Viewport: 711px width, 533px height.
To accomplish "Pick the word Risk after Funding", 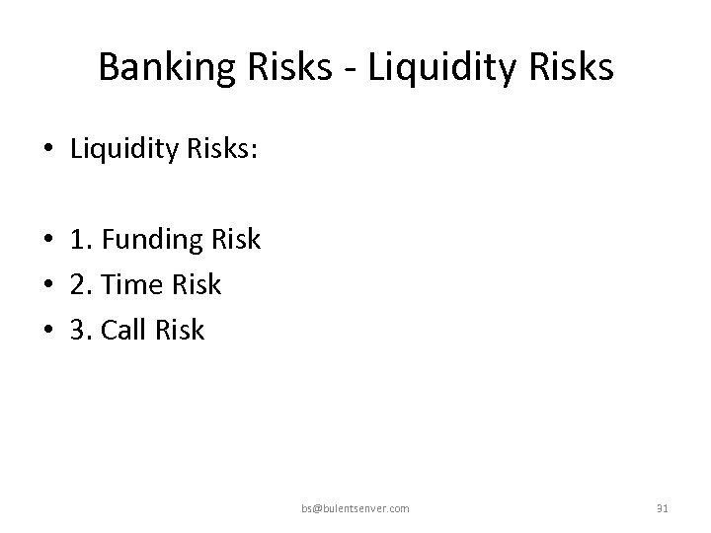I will (x=238, y=239).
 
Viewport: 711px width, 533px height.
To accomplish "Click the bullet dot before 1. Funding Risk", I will (x=47, y=240).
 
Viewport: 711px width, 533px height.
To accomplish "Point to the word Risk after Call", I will (x=181, y=330).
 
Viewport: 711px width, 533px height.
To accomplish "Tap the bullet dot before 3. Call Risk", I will (x=47, y=331).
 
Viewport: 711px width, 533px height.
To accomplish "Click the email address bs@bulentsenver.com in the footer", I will (x=355, y=508).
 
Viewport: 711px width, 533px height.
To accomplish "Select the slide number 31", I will (x=663, y=508).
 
